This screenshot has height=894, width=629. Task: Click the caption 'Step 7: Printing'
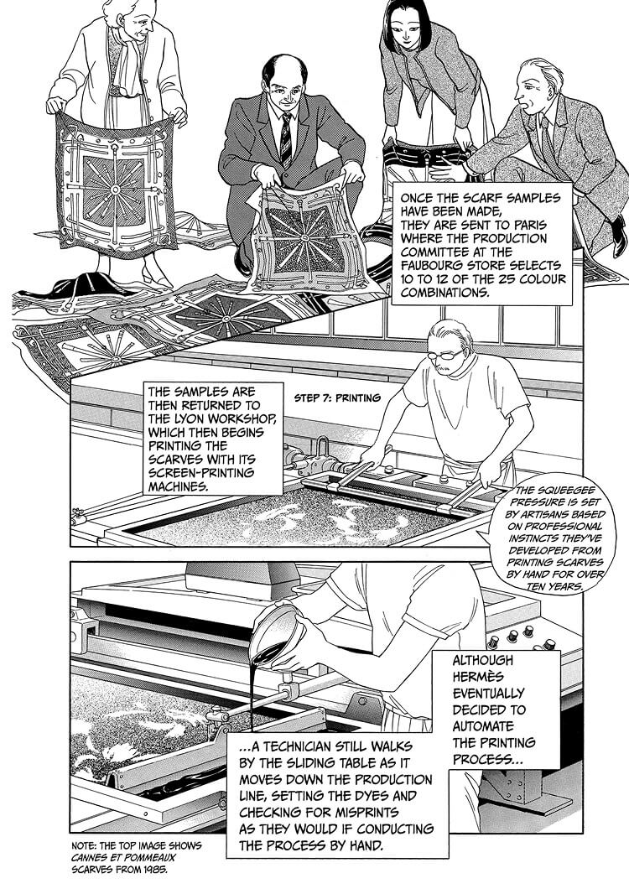[337, 398]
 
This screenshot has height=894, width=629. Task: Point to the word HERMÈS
[481, 677]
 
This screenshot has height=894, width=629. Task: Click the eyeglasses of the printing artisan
[446, 356]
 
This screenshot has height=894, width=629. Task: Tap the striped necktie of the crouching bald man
[286, 140]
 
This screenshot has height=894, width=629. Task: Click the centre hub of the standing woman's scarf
[115, 190]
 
